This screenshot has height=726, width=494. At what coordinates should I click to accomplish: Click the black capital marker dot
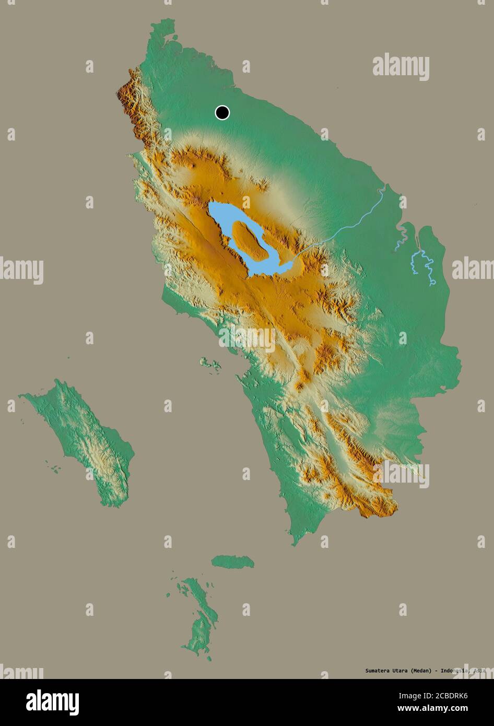point(222,112)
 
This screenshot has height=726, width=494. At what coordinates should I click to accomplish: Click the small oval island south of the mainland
point(233,561)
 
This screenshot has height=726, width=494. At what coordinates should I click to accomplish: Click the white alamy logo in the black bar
point(52,702)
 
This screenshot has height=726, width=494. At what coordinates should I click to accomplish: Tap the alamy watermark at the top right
point(401,67)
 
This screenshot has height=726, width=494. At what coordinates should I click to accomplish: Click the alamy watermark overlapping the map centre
point(247,338)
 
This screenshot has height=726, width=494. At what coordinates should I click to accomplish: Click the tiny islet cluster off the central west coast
point(210,364)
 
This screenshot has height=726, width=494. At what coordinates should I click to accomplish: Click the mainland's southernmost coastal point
point(295,544)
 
